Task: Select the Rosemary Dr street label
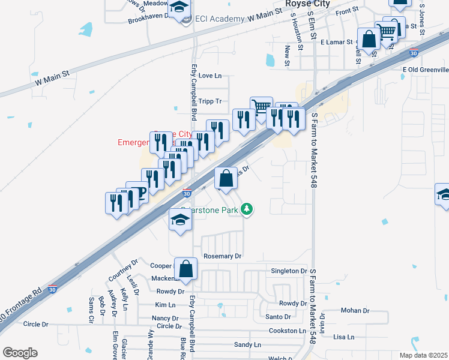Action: pos(222,256)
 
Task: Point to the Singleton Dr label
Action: pos(289,271)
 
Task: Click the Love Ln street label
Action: pos(210,76)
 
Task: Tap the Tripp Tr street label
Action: pos(210,101)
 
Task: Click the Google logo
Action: pos(20,353)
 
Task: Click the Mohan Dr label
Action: pos(355,311)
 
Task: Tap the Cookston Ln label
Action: pos(286,331)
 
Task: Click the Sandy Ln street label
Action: pos(247,345)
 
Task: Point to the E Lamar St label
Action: pos(339,43)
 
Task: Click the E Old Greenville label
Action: pos(425,70)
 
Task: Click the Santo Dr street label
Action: pos(278,317)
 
